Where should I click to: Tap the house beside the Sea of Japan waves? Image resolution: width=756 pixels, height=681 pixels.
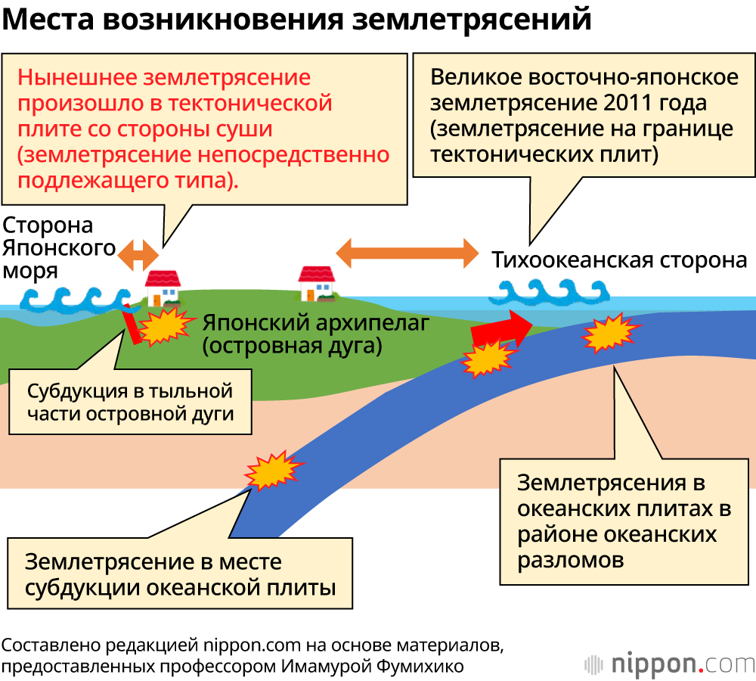pyautogui.click(x=163, y=287)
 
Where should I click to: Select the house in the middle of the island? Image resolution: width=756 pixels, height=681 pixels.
pyautogui.click(x=317, y=283)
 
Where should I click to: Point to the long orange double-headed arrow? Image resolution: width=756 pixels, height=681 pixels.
pyautogui.click(x=407, y=252)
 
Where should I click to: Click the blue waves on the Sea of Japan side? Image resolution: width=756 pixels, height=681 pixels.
pyautogui.click(x=72, y=298)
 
